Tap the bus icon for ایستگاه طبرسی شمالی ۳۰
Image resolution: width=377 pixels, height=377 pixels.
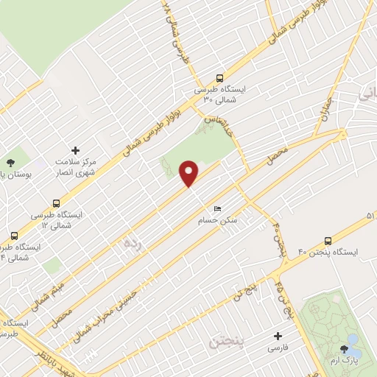[219, 78]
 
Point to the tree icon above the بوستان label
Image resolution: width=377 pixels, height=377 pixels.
[10, 163]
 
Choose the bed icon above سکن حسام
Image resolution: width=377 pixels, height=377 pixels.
[216, 209]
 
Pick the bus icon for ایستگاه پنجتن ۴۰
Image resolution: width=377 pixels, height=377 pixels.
[328, 241]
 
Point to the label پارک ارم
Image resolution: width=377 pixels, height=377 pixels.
[346, 362]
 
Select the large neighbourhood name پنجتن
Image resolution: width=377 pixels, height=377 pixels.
[225, 342]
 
